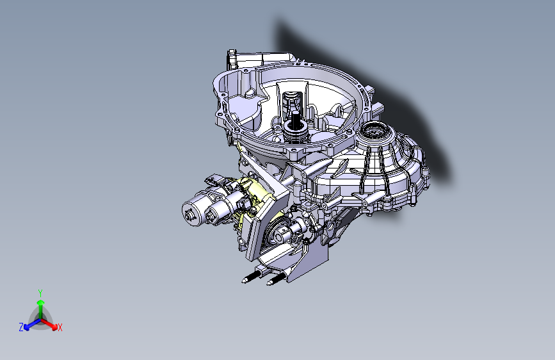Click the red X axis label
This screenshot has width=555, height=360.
[60, 328]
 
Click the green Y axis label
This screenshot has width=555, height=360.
[40, 292]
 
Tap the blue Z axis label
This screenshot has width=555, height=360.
[21, 327]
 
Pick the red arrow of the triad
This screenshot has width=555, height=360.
[52, 324]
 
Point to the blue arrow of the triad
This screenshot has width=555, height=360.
[29, 325]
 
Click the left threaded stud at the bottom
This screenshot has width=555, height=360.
[250, 279]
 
